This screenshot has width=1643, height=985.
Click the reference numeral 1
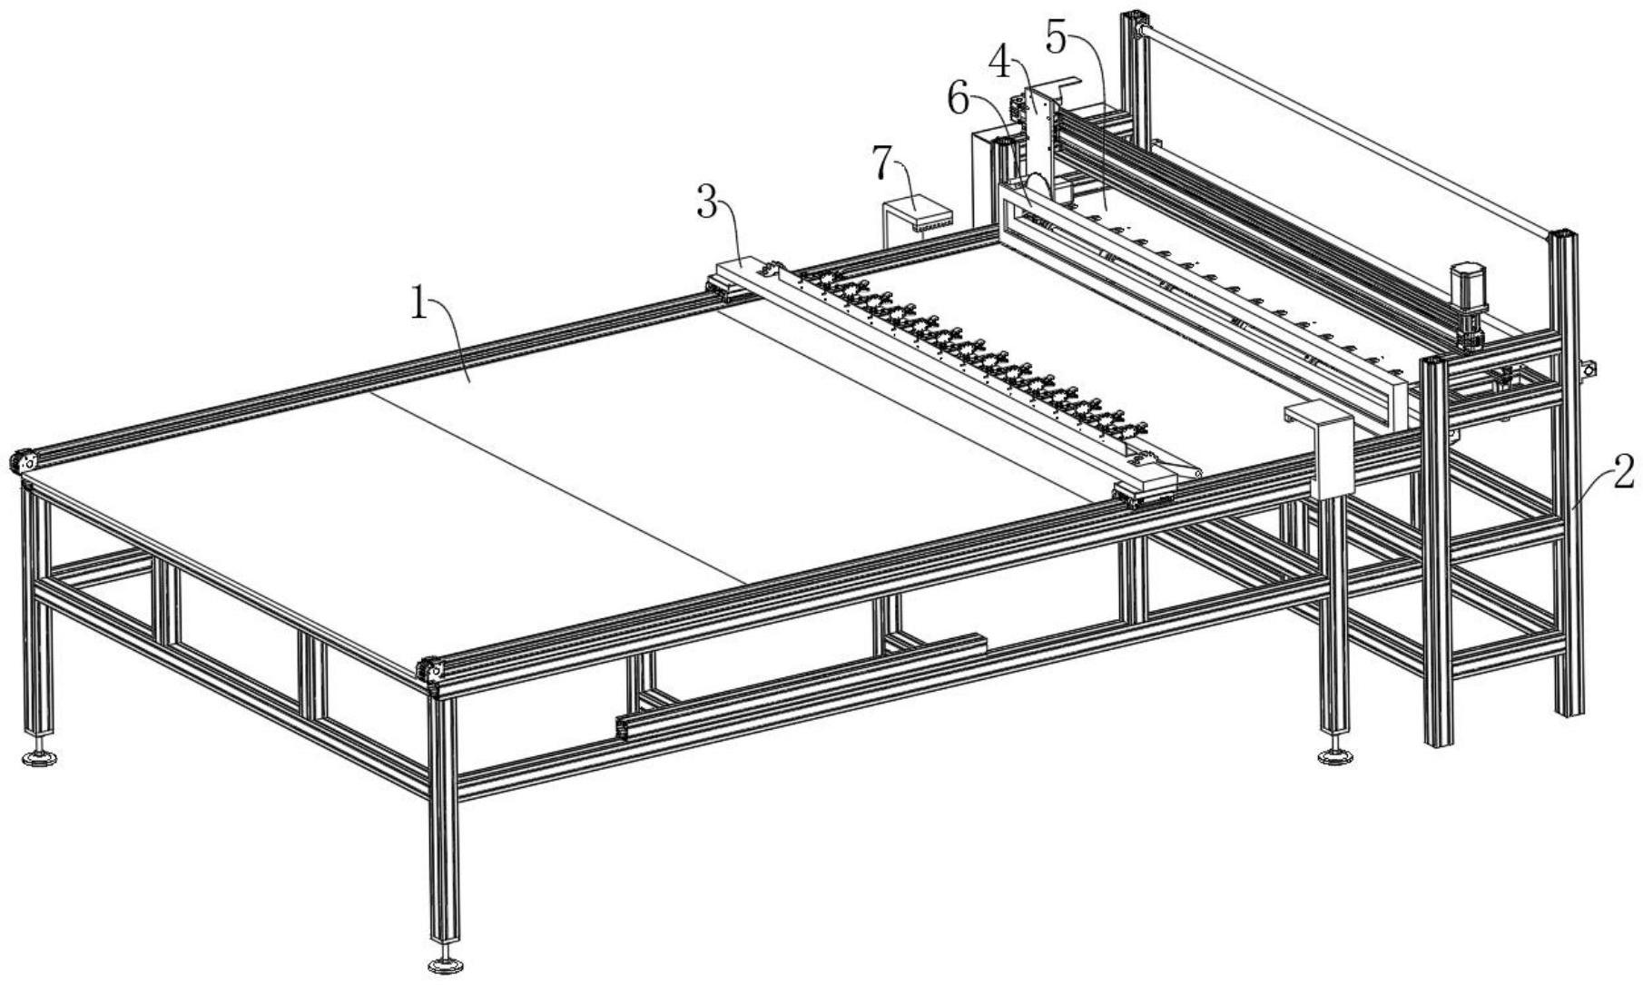(x=418, y=303)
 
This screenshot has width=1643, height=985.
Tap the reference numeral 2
(x=1623, y=473)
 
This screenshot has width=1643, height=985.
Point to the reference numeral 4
(x=1000, y=63)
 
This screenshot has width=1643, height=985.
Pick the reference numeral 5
(x=1057, y=35)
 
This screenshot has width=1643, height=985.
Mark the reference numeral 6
(x=959, y=100)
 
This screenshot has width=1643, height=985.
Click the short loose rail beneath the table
(x=801, y=685)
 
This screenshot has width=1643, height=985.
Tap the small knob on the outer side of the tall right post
(x=1588, y=369)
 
